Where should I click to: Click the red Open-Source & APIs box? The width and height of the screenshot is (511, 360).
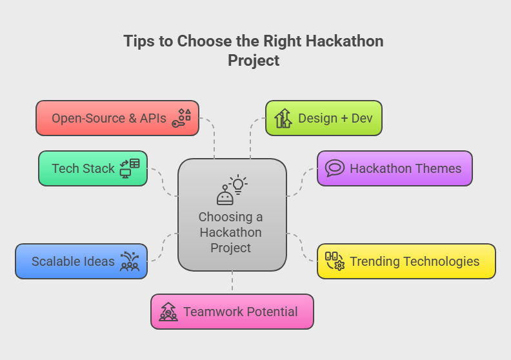click(x=117, y=118)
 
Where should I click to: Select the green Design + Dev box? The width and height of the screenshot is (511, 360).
click(x=324, y=118)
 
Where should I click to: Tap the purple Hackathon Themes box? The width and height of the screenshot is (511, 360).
click(x=395, y=168)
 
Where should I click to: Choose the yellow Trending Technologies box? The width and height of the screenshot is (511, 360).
click(x=406, y=261)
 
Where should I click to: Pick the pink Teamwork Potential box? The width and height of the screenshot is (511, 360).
click(x=232, y=312)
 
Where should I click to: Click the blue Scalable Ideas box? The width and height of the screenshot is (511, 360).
click(x=81, y=261)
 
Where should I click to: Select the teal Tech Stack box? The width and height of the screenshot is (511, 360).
click(x=93, y=168)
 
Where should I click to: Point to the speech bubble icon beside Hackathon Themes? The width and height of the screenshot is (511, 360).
click(x=335, y=168)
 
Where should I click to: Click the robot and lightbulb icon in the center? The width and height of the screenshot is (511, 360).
click(x=232, y=190)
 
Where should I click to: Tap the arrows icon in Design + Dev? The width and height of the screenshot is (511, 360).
click(x=283, y=118)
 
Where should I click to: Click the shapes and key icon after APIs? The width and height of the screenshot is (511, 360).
click(x=181, y=118)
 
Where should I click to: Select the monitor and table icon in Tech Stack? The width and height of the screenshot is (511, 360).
click(x=130, y=168)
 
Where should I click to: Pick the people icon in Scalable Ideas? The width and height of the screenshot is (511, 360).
click(x=130, y=261)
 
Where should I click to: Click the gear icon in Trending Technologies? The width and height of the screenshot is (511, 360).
click(x=339, y=266)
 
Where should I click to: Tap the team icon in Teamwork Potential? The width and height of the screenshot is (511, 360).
click(x=168, y=312)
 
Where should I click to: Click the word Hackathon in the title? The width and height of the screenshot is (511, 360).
click(x=345, y=41)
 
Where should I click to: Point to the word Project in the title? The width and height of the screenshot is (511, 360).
click(x=254, y=61)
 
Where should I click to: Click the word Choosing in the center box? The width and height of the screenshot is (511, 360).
click(x=226, y=217)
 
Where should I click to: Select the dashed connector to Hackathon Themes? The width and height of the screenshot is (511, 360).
click(x=301, y=183)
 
